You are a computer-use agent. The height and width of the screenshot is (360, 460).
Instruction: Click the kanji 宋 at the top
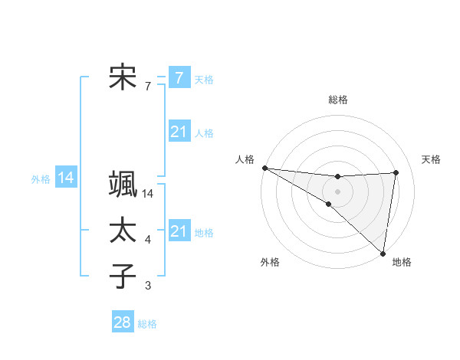pos(123,77)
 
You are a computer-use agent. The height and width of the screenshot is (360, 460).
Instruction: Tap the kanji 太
pos(123,230)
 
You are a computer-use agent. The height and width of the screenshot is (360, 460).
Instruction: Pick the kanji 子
pos(123,275)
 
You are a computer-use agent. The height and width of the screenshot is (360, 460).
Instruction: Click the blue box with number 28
pos(123,322)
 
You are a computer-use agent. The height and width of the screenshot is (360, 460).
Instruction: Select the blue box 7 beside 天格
pos(179,77)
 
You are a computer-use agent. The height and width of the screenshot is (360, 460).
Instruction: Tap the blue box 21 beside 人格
pos(179,132)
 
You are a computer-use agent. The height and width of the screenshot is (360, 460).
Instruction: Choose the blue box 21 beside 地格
pos(179,231)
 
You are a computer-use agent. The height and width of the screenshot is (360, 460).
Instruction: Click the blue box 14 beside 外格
pos(66,178)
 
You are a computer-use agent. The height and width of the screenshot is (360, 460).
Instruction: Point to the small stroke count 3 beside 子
pos(148,286)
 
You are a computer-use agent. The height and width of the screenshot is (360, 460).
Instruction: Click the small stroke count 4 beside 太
pos(148,241)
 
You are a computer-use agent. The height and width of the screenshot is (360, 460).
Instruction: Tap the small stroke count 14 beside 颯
pos(148,194)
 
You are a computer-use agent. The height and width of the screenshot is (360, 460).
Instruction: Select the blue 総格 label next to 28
pos(147,324)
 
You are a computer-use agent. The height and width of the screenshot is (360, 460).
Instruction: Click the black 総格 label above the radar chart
pos(337,100)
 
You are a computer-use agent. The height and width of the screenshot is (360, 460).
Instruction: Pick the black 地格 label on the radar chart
pos(402,262)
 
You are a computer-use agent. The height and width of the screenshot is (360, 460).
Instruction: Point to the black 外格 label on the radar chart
pos(270,262)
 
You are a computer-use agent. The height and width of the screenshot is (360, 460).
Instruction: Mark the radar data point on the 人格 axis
pos(264,168)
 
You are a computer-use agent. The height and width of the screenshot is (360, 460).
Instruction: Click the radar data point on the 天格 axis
pos(396,172)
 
